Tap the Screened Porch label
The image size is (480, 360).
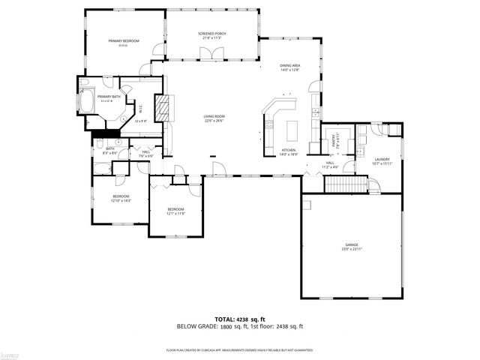[212, 34]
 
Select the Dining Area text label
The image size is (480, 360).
[290, 66]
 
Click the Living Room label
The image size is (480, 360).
[214, 117]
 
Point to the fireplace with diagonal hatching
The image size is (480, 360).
[163, 108]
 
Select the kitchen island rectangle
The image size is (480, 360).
[292, 133]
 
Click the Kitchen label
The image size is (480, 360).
[289, 151]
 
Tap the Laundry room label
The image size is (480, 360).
[382, 158]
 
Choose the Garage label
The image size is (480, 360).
[351, 244]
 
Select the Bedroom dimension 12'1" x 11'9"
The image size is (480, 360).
[175, 214]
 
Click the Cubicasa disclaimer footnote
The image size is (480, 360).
[239, 350]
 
